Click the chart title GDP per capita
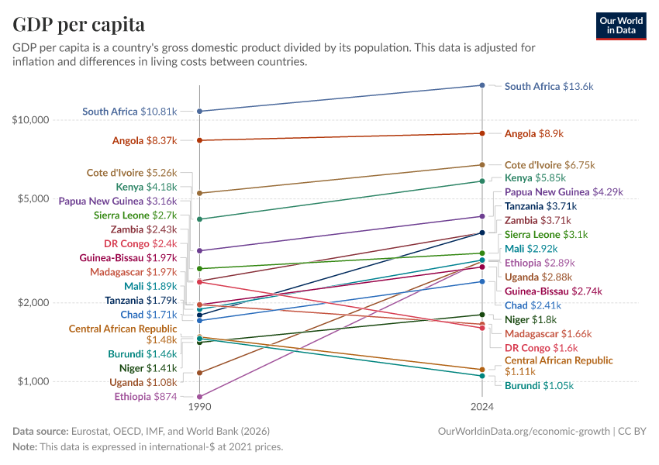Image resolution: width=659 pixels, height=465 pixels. click(x=78, y=24)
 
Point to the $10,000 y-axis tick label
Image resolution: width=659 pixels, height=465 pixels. click(x=31, y=120)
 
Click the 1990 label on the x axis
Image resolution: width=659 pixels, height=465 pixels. click(x=200, y=405)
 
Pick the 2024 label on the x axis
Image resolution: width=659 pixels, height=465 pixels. click(x=482, y=405)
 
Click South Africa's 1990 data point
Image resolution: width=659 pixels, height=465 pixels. click(x=200, y=112)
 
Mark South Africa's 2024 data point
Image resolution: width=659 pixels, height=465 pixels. click(x=482, y=85)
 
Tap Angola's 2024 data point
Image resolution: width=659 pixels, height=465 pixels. click(x=482, y=133)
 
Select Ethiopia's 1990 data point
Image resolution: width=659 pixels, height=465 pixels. click(x=200, y=397)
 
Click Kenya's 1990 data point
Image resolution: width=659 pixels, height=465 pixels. click(x=200, y=219)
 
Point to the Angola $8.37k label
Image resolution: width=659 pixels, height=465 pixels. click(x=144, y=141)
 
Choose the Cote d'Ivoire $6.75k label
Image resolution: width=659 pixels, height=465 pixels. click(x=549, y=165)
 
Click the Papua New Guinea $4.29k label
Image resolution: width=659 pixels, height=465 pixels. click(x=563, y=191)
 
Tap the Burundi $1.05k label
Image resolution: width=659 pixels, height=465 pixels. click(x=540, y=385)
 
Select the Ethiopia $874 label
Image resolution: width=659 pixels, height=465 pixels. click(x=145, y=397)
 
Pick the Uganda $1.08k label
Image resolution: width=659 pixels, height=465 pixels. click(x=143, y=382)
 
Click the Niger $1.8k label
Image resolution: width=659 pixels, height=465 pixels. click(x=530, y=319)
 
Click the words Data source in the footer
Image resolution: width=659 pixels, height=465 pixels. click(x=40, y=431)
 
